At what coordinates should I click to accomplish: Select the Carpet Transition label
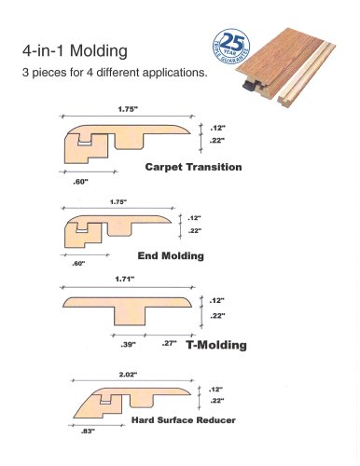pos(194,169)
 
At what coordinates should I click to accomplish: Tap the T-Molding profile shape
pos(131,308)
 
